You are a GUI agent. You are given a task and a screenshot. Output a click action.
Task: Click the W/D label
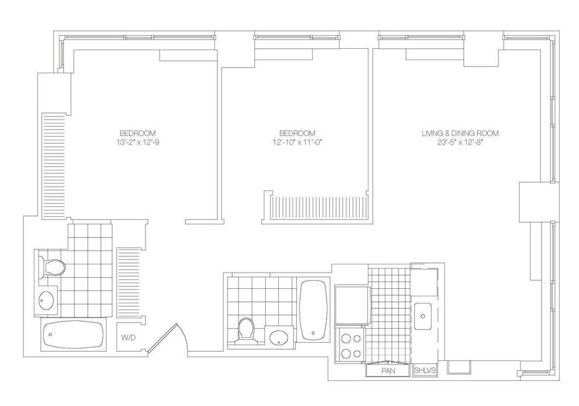pyautogui.click(x=126, y=337)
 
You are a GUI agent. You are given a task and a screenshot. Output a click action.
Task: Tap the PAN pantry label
pyautogui.click(x=388, y=370)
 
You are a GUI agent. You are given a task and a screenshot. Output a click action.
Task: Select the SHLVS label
pyautogui.click(x=425, y=370)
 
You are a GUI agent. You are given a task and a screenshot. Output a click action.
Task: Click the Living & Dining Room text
pyautogui.click(x=460, y=133)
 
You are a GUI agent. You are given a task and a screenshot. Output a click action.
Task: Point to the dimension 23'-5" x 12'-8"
pyautogui.click(x=460, y=142)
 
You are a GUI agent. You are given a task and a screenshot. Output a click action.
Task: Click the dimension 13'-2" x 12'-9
pyautogui.click(x=138, y=142)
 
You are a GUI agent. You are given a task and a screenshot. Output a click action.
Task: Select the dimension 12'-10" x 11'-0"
pyautogui.click(x=297, y=142)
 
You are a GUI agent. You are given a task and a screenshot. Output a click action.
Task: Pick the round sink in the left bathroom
pyautogui.click(x=46, y=300)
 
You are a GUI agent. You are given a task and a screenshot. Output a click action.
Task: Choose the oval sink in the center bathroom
pyautogui.click(x=279, y=337)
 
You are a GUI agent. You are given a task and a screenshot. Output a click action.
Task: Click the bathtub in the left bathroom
pyautogui.click(x=73, y=335)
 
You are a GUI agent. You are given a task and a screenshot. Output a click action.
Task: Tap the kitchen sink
pyautogui.click(x=423, y=316)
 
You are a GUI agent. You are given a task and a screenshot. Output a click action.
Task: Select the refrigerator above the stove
pyautogui.click(x=353, y=305)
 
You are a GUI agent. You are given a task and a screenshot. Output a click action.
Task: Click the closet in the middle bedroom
pyautogui.click(x=319, y=209)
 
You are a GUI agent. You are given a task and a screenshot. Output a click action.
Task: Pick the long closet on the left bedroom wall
pyautogui.click(x=55, y=166)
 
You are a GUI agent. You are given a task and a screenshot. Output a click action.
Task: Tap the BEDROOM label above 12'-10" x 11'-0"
pyautogui.click(x=297, y=133)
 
